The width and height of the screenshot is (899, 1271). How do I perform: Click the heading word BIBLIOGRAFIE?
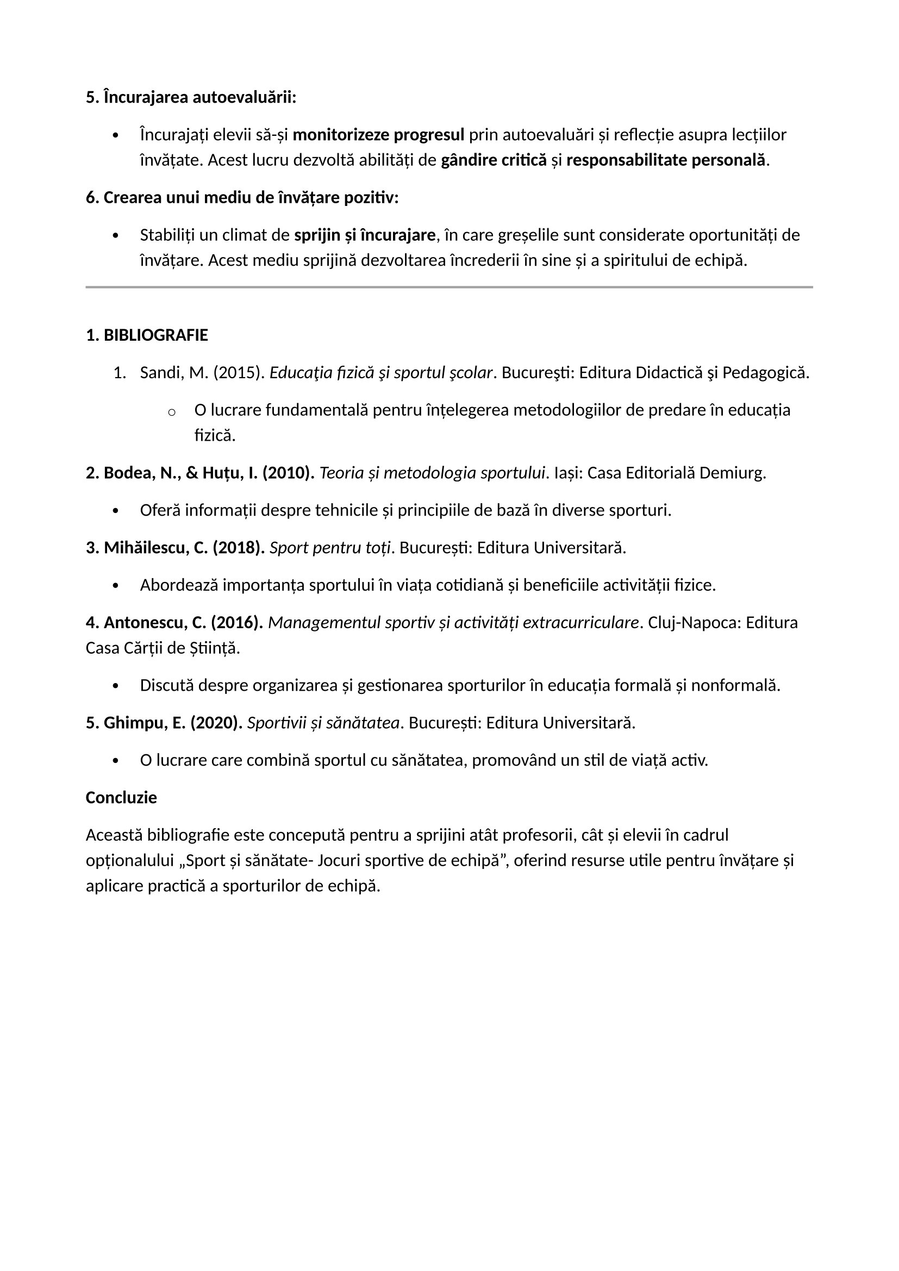155,335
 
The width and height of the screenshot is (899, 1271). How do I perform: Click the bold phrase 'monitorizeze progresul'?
378,135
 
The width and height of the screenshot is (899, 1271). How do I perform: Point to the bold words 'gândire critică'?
493,160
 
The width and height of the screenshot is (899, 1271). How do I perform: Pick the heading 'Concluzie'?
121,798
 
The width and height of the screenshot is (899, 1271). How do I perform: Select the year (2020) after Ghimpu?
216,723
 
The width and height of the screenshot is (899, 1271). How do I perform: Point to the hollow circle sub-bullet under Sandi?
172,411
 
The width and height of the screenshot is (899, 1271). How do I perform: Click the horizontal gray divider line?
449,287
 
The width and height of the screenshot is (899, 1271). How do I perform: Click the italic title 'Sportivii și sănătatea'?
323,723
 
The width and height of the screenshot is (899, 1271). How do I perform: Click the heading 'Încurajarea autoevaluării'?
199,97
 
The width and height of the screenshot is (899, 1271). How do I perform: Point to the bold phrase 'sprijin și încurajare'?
365,235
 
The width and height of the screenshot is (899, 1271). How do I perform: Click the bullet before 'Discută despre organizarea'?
115,686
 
